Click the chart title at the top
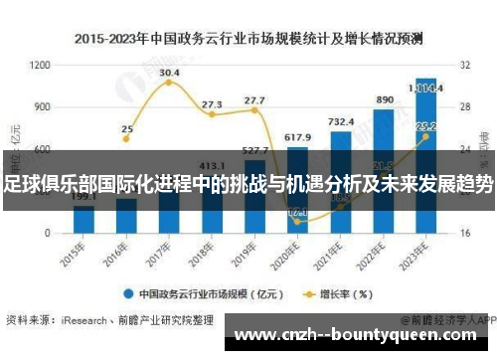tap(248, 39)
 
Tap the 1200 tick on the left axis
tap(41, 65)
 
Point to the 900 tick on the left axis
tap(41, 106)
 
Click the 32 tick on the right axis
tap(464, 65)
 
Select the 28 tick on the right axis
tap(464, 106)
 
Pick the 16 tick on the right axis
tap(464, 233)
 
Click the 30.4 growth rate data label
tap(169, 73)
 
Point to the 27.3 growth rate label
tap(212, 103)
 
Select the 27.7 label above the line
tap(254, 100)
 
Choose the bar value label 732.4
tap(340, 121)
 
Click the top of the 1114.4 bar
tap(425, 80)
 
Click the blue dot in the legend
tap(127, 293)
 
